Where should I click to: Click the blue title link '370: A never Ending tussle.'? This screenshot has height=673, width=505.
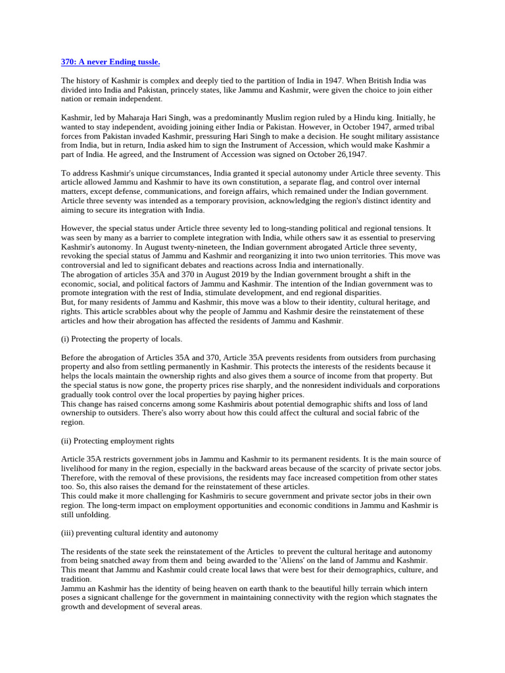point(110,62)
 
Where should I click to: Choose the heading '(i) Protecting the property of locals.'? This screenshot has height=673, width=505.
point(122,338)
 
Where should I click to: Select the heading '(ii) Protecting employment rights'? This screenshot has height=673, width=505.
point(118,440)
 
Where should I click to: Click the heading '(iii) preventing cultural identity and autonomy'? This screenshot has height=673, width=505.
point(140,532)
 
